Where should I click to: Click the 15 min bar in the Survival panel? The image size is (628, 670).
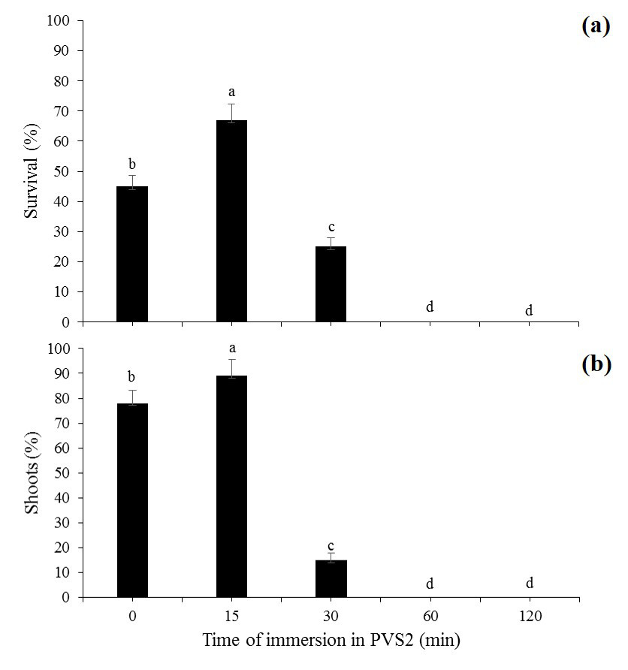point(231,221)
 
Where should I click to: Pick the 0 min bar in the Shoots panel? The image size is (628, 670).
point(132,500)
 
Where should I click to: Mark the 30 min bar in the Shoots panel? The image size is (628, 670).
point(331,578)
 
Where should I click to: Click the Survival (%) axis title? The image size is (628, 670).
point(32,172)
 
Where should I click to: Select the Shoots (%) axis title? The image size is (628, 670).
point(32,472)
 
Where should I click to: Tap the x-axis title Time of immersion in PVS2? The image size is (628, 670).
point(331,641)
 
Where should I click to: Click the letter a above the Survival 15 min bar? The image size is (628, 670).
point(231,92)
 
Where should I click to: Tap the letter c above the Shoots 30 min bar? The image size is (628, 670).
point(331,545)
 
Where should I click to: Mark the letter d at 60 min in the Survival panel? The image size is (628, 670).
point(430,307)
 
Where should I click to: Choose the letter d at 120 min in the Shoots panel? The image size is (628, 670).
point(530,584)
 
